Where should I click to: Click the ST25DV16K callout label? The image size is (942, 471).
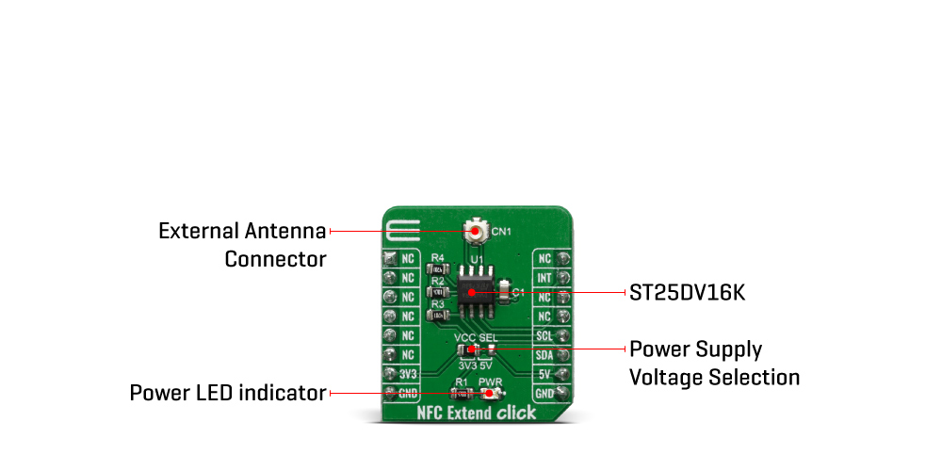click(687, 293)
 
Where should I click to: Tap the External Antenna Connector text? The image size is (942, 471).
click(242, 244)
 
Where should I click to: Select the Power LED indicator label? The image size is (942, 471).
click(228, 392)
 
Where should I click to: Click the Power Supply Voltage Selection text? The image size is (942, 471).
click(714, 364)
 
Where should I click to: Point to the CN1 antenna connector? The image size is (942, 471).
click(478, 232)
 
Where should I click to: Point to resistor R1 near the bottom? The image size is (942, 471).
click(462, 393)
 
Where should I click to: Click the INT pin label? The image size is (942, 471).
click(544, 278)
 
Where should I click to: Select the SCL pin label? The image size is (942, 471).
click(544, 335)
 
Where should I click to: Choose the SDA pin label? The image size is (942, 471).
click(544, 355)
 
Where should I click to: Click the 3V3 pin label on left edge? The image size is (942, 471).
click(408, 374)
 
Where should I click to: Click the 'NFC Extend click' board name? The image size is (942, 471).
click(477, 413)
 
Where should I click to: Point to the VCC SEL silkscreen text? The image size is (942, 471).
click(476, 337)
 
